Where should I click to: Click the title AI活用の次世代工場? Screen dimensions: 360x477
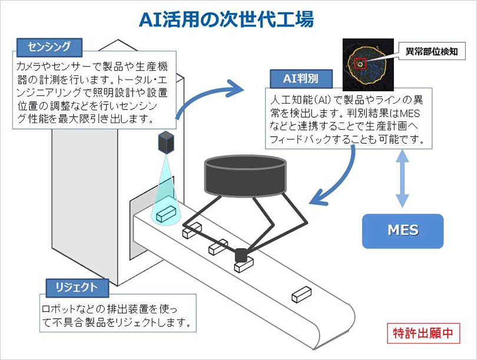point(226,20)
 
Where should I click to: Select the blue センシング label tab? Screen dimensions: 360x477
point(49,47)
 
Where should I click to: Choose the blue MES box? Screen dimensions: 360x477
point(403,229)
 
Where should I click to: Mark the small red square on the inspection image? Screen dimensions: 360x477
point(360,62)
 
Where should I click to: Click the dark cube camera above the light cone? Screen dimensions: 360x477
point(167,141)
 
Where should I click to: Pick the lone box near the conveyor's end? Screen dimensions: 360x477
point(301,292)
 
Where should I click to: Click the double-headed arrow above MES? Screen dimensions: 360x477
point(402,177)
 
